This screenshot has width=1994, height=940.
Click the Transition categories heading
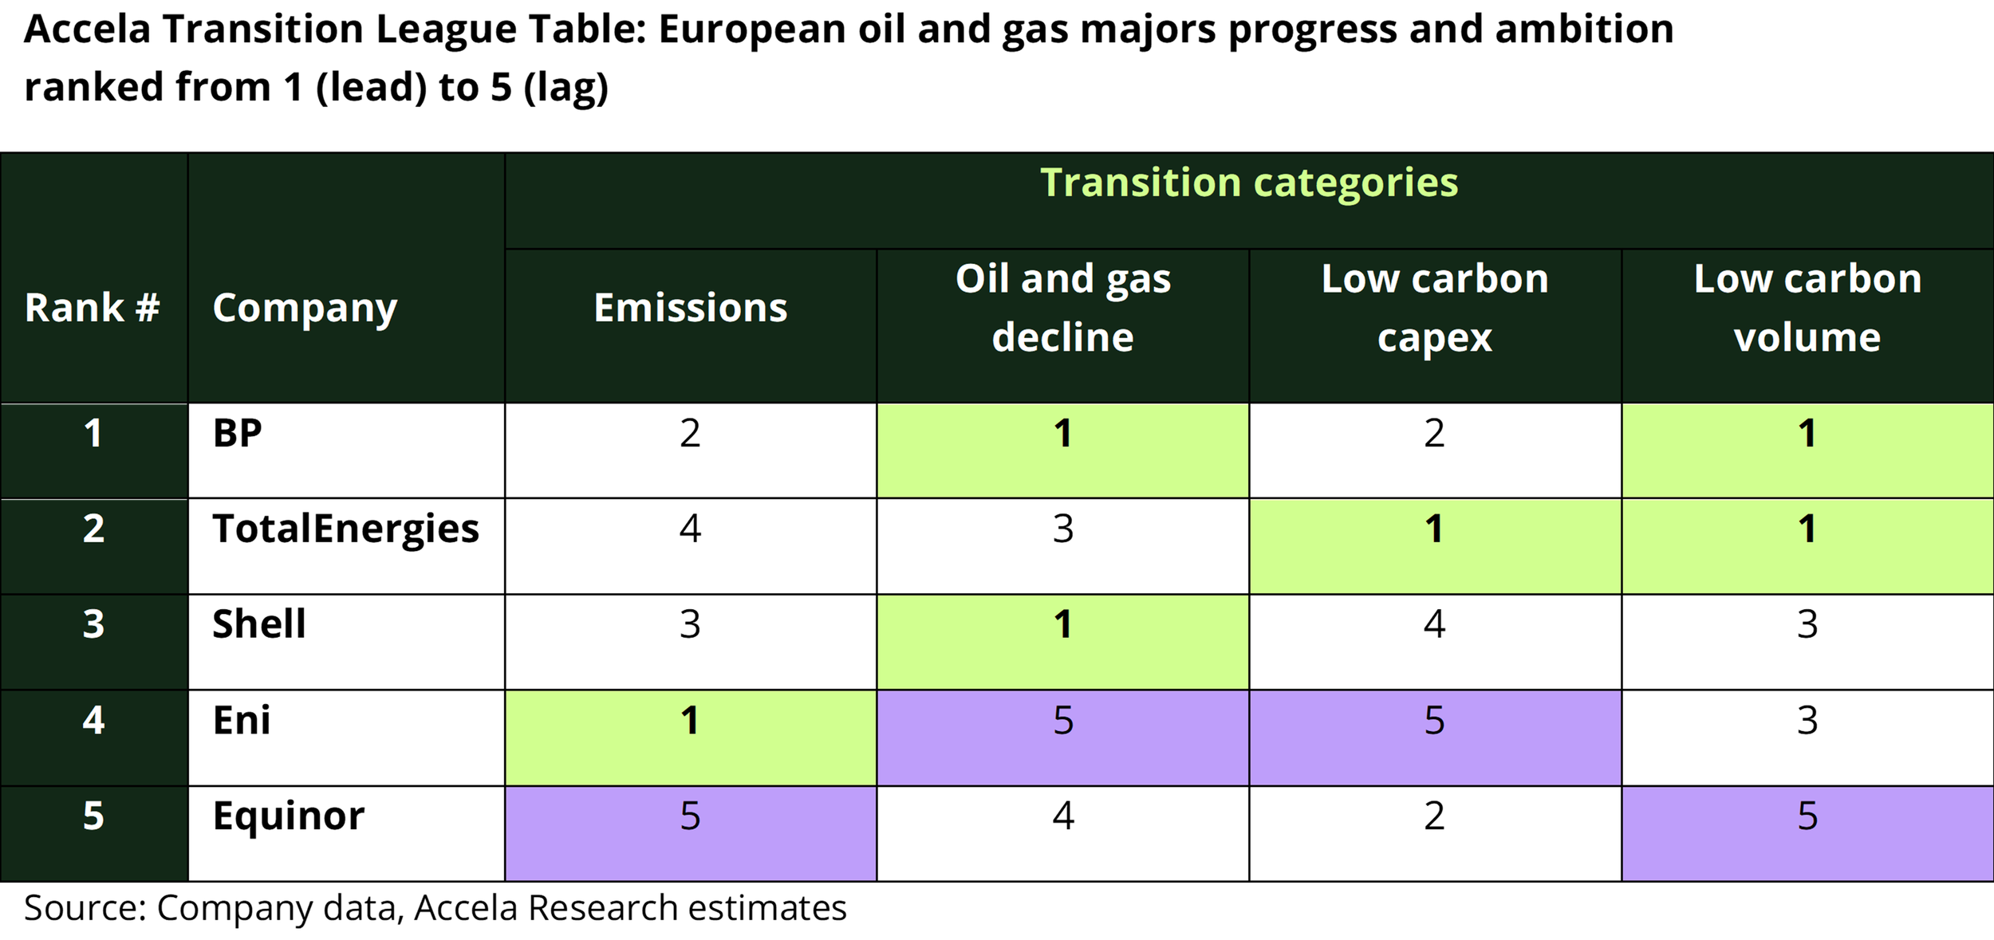coord(1248,183)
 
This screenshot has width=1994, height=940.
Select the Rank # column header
coord(93,308)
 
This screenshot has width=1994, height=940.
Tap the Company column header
coord(305,308)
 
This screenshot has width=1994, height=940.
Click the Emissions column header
coord(690,308)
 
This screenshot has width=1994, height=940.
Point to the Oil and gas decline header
coord(1062,308)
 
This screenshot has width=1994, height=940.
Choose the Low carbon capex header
coord(1434,308)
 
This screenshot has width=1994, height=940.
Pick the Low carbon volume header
coord(1807,308)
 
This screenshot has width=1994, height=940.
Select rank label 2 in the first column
coord(93,529)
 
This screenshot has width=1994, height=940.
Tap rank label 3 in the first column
coord(93,625)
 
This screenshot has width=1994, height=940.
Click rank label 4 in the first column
coord(93,721)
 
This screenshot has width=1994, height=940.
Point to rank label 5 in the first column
coord(93,816)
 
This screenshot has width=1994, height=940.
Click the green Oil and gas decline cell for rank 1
coord(1062,450)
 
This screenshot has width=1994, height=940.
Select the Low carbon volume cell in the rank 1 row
coord(1807,450)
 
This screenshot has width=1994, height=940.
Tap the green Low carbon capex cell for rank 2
coord(1434,545)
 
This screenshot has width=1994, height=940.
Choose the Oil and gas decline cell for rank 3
coord(1062,641)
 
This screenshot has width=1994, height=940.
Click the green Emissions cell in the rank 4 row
coord(690,737)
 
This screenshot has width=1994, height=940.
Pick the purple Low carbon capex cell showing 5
coord(1434,737)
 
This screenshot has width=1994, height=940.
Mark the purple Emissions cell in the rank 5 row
coord(690,832)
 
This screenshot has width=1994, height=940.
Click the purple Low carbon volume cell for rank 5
coord(1807,832)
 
